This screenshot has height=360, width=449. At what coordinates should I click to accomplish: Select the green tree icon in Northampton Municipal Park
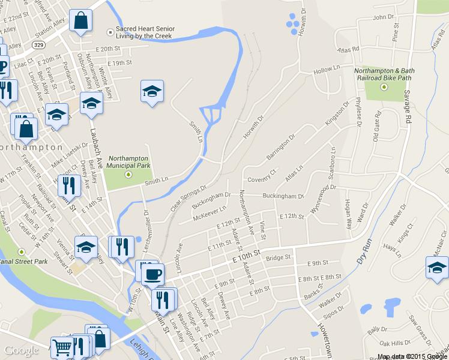click(128, 175)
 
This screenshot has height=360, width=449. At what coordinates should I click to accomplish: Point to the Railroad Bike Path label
click(382, 73)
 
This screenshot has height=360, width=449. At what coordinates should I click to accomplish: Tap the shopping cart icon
click(62, 347)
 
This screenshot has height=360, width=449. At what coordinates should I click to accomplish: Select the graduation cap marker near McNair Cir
click(436, 268)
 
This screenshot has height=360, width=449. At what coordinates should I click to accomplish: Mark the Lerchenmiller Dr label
click(146, 222)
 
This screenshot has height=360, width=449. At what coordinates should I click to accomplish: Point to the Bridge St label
click(278, 257)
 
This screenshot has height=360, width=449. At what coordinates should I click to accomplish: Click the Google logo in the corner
click(21, 351)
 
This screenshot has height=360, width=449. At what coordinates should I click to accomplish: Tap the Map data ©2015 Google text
click(412, 356)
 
